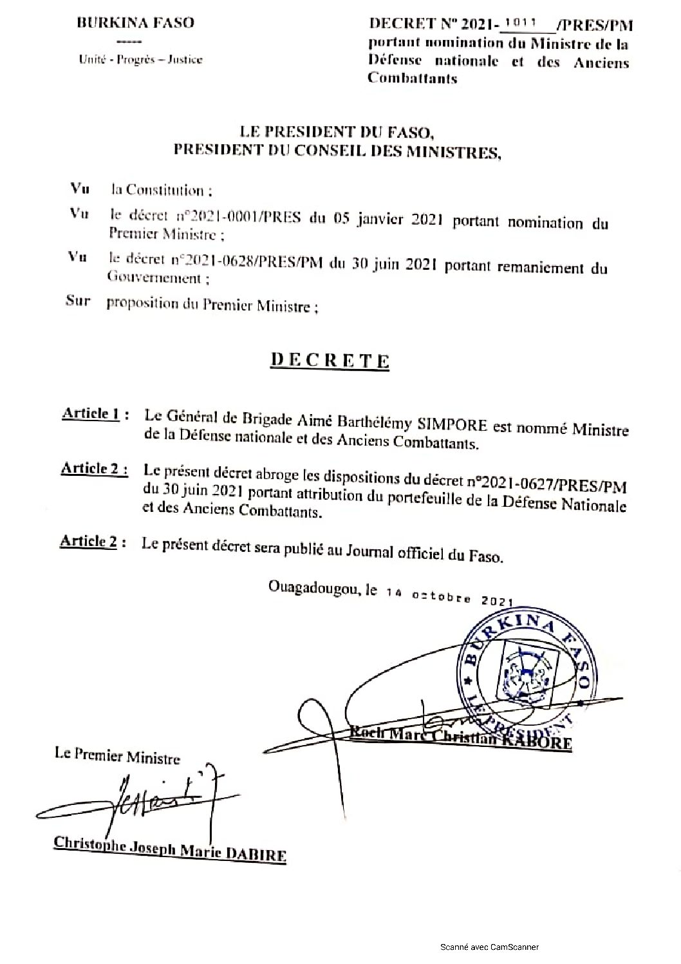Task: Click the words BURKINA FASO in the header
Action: click(135, 23)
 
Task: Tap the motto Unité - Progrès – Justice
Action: click(140, 60)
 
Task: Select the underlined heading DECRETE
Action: click(329, 359)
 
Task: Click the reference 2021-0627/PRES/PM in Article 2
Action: click(553, 482)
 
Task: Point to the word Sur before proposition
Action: click(78, 301)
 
